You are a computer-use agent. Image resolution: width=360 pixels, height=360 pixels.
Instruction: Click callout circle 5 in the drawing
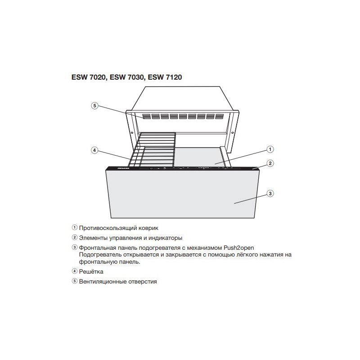(x=94, y=106)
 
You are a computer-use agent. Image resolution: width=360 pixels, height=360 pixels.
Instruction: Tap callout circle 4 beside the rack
(x=94, y=150)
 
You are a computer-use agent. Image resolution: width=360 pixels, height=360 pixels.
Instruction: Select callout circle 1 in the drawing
(x=270, y=149)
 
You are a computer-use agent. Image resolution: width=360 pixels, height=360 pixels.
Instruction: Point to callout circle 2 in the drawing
(x=270, y=163)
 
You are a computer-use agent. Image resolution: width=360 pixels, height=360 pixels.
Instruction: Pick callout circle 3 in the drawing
(x=270, y=193)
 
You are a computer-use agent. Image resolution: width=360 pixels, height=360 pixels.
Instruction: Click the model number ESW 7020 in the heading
(x=89, y=77)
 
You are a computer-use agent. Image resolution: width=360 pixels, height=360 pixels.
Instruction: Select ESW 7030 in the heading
(x=127, y=77)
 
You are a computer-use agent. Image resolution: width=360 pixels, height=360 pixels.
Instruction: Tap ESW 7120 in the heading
(x=165, y=77)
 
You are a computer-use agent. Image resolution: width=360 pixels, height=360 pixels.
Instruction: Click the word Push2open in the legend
(x=239, y=248)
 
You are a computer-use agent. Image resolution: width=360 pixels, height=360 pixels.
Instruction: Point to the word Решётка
(x=91, y=272)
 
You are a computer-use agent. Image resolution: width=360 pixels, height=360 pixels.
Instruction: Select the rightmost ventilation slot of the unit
(x=220, y=117)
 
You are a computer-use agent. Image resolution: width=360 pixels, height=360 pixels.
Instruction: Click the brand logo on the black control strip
(x=123, y=168)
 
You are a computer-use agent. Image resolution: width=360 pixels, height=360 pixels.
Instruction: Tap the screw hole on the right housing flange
(x=232, y=133)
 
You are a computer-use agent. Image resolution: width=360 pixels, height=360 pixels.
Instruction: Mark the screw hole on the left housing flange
(x=132, y=132)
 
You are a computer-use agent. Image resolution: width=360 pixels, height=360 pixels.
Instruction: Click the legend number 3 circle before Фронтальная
(x=74, y=247)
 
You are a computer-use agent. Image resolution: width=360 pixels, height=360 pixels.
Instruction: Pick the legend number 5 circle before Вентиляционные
(x=74, y=281)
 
